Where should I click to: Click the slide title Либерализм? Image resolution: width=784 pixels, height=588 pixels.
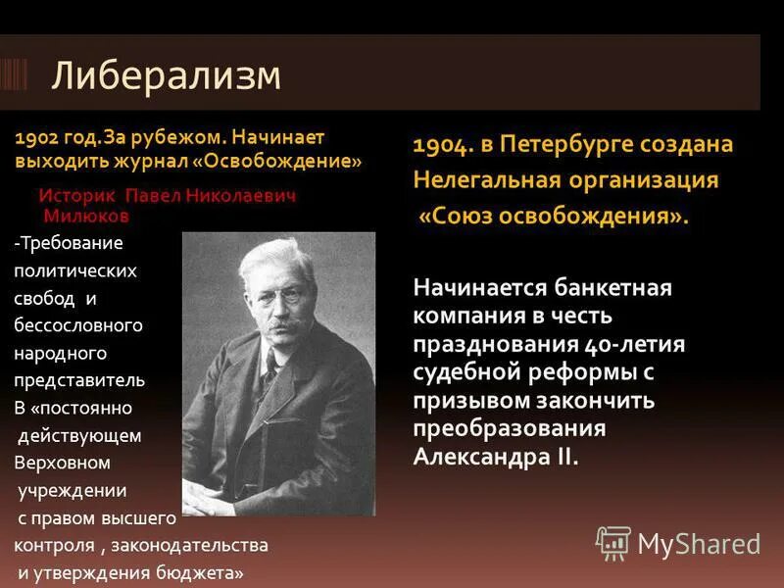coord(166,75)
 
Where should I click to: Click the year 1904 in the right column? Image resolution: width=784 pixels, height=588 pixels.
coord(442,145)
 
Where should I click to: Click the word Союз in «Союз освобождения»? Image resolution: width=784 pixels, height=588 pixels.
coord(464,216)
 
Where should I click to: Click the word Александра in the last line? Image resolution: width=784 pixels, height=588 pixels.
coord(483,458)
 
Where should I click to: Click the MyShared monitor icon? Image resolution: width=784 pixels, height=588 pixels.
coord(613,543)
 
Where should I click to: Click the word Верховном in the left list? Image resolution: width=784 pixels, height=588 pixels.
coord(62,462)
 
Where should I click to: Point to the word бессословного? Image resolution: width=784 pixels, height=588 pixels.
coord(78,324)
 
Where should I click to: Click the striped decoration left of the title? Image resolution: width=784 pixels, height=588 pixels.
coord(13,75)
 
